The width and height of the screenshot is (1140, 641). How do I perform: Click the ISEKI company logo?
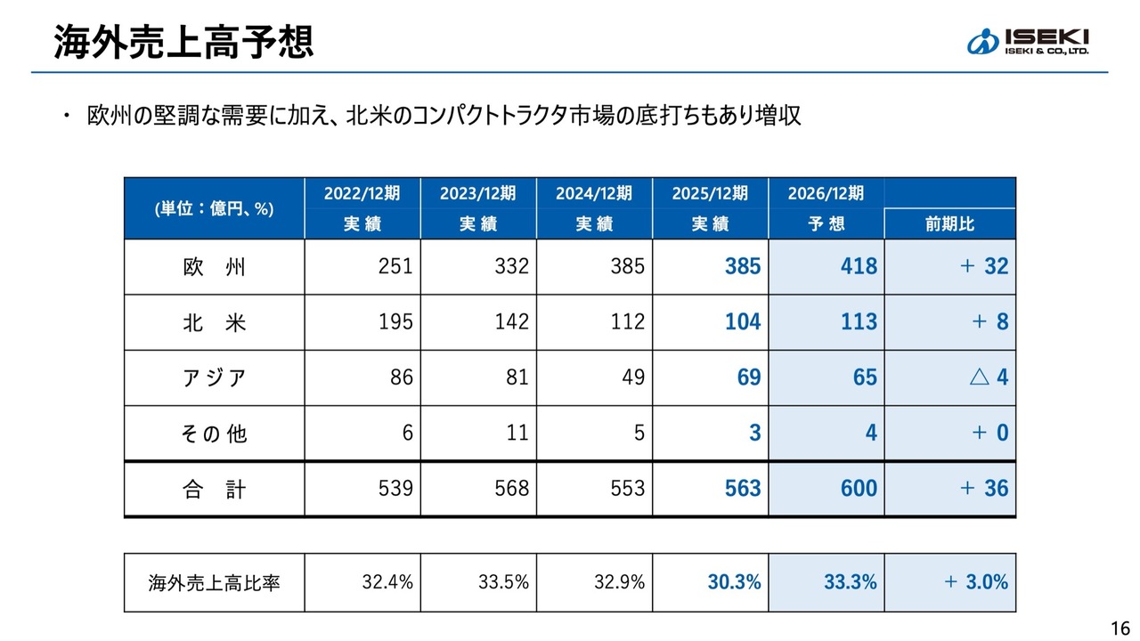click(1028, 41)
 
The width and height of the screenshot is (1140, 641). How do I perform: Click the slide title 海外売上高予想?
click(183, 41)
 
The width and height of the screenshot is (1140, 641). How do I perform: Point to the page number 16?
click(1120, 624)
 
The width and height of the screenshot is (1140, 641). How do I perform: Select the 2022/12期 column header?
click(362, 193)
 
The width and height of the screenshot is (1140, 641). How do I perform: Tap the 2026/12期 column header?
click(826, 193)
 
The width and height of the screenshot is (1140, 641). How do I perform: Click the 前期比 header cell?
click(949, 224)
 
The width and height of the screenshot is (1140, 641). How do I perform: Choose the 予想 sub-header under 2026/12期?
click(826, 224)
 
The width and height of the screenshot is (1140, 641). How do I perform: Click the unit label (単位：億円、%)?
click(214, 209)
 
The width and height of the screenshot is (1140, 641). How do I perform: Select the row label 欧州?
click(214, 267)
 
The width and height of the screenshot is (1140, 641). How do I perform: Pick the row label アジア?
click(214, 377)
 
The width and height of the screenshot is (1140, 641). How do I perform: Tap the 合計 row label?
click(214, 489)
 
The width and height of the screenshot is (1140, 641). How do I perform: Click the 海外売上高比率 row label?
click(214, 583)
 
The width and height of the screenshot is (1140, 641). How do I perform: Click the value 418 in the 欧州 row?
click(858, 267)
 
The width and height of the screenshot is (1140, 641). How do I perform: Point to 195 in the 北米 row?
click(395, 322)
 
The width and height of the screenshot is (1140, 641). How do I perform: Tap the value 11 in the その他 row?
click(517, 434)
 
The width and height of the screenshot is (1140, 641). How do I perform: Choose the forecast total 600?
click(858, 489)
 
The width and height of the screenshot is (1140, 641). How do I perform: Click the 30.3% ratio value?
click(735, 583)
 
